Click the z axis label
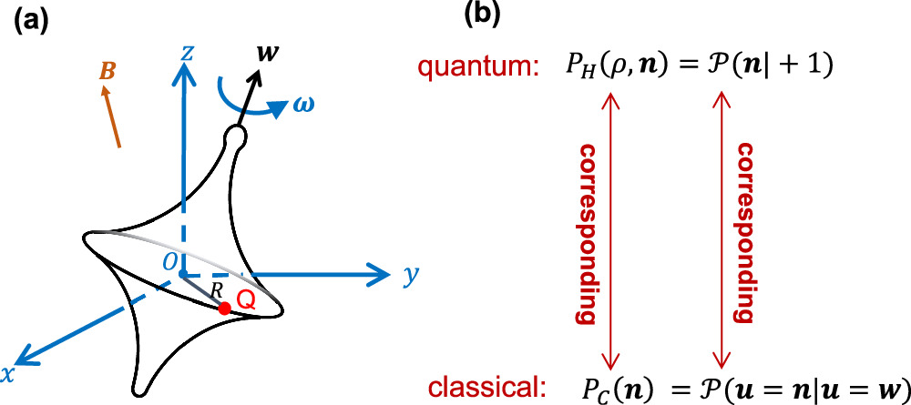[x=186, y=54]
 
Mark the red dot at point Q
[x=224, y=309]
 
